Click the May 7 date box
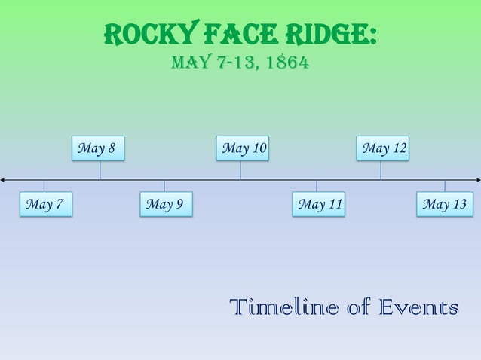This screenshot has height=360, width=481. (44, 204)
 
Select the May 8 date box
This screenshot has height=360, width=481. (97, 148)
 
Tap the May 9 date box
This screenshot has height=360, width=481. (165, 204)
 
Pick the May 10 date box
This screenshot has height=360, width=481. (243, 148)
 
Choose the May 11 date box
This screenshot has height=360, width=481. (319, 204)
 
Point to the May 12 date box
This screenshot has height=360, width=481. (384, 148)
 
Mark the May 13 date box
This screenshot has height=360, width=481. (444, 204)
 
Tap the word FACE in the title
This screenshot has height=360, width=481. (234, 35)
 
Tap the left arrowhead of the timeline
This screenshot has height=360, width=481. (4, 180)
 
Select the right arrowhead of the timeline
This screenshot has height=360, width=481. (476, 180)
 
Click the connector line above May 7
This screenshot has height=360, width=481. (44, 186)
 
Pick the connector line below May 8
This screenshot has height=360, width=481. (100, 169)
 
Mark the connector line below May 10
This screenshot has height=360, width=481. (240, 169)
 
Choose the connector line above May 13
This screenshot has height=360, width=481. (444, 186)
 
